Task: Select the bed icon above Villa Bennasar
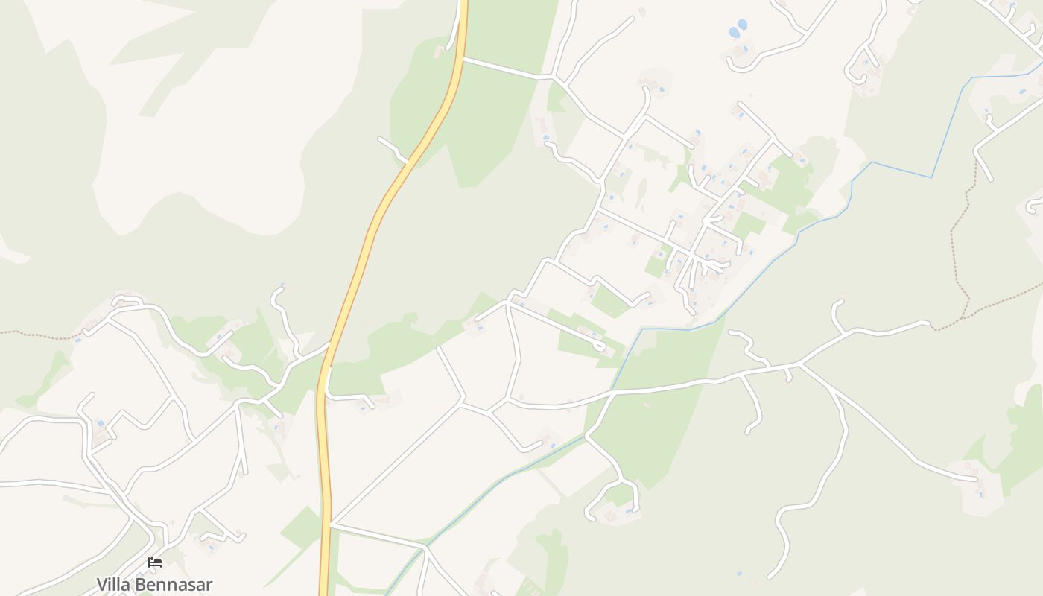pos(155,562)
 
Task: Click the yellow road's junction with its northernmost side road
pos(462,57)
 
